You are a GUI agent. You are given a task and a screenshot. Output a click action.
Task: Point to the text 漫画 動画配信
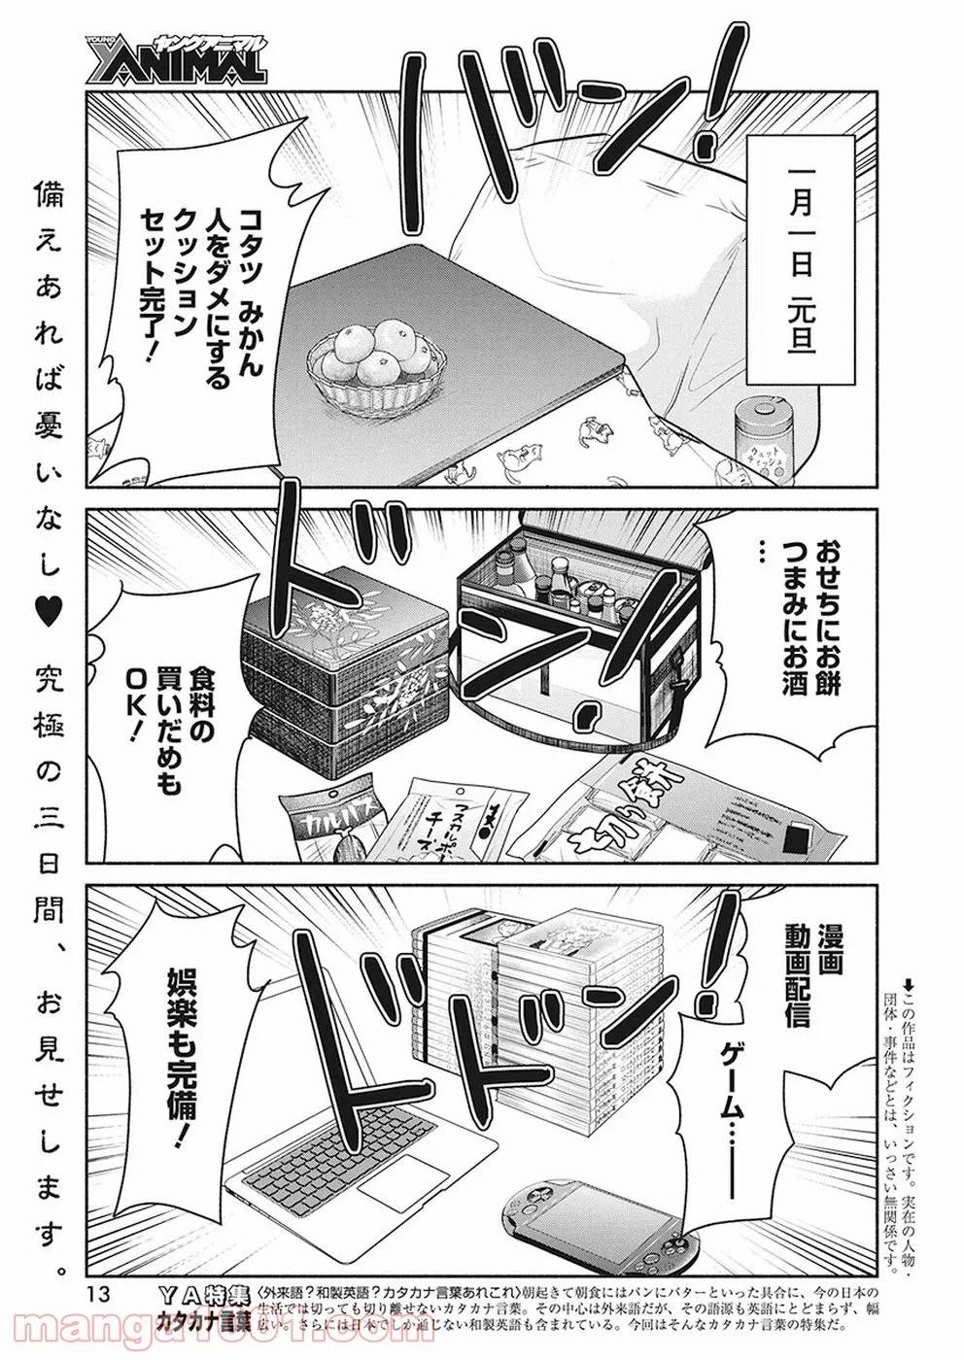(x=802, y=967)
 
